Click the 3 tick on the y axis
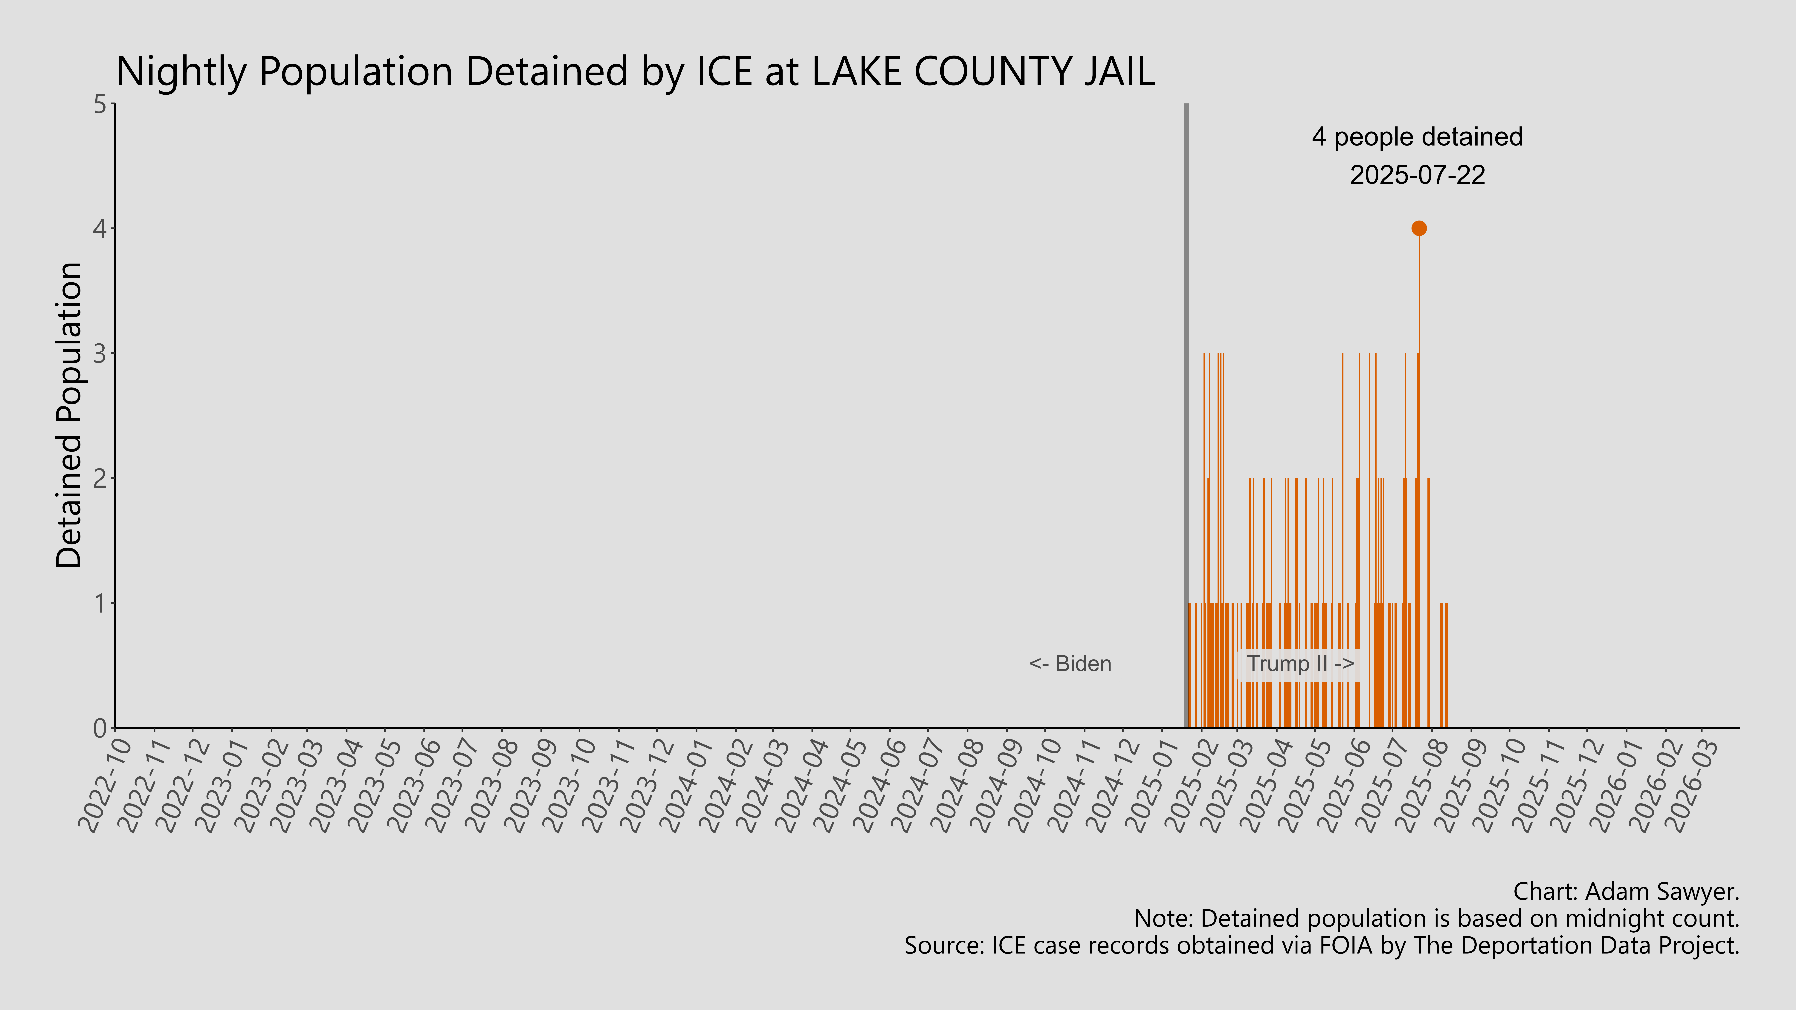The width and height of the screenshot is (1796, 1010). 100,353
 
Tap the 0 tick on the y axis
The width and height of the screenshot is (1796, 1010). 100,728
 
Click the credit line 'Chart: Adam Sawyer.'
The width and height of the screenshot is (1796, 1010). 1626,891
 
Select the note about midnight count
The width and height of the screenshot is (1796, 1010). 1436,919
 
